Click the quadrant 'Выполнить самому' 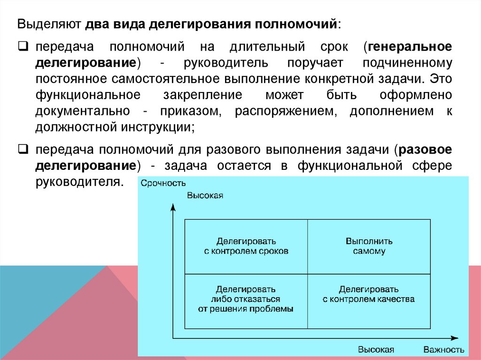tap(369, 246)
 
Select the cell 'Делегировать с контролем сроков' tap(246, 246)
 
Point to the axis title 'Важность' tap(443, 350)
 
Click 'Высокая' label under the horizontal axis tap(376, 350)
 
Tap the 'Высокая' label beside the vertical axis tap(205, 195)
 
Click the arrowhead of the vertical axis tap(173, 206)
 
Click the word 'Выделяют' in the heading tap(49, 24)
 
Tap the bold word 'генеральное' tap(410, 47)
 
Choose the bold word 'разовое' tap(425, 150)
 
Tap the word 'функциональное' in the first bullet tap(87, 95)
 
